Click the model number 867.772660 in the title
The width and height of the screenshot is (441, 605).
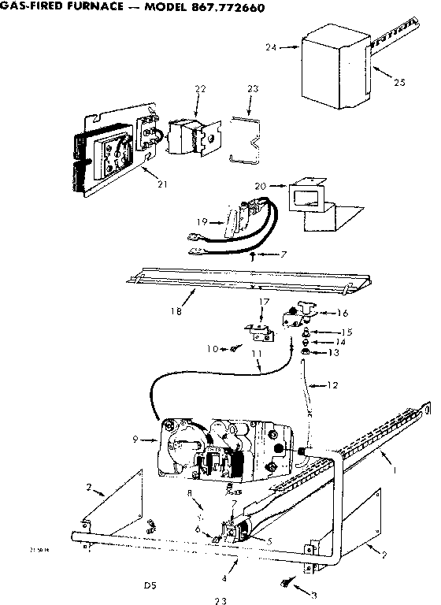222,8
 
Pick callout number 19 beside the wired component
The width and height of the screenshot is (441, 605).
201,222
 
